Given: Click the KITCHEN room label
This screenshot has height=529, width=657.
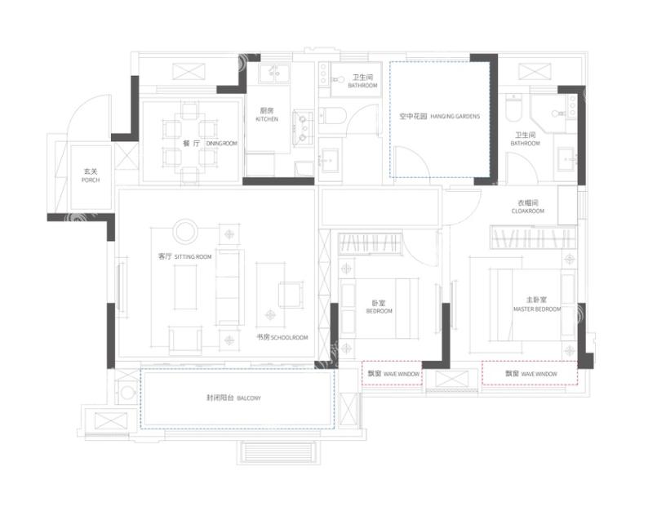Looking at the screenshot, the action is coord(267,119).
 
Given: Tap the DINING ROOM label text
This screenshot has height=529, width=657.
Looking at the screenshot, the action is coord(222,144).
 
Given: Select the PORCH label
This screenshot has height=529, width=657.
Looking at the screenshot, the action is coord(91,180).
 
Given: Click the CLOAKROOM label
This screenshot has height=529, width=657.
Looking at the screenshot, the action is coord(527,211).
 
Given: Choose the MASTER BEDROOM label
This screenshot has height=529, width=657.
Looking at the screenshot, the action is coord(537,309).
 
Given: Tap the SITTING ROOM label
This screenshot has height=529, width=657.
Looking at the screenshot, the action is coord(193,256).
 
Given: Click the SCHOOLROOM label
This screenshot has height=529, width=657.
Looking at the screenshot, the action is coord(289,337).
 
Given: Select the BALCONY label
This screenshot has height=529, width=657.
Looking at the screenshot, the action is coord(249,398).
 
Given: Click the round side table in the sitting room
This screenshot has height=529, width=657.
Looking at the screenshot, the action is coord(185,231).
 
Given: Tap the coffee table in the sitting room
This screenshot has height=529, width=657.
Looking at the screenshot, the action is coord(185,287).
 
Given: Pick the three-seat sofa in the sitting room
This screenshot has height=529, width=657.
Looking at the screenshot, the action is coord(229,287).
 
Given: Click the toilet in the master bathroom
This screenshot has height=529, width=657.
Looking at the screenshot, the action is coord(513,107).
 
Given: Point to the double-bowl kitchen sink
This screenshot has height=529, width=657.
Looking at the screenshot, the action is coord(303,129).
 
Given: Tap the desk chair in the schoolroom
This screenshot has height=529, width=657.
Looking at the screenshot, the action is coord(290,295).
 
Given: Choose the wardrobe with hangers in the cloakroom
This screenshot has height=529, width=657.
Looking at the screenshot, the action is coord(534,238).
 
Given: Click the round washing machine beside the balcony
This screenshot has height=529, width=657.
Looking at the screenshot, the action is coord(127,393).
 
